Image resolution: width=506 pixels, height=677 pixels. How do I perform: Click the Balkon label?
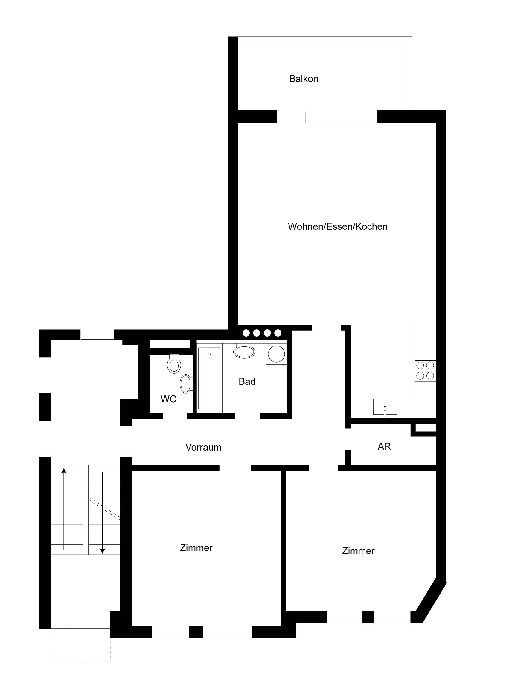click(x=304, y=79)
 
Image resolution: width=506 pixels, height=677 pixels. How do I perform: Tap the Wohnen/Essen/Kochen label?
click(x=338, y=226)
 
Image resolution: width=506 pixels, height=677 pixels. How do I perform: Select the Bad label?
click(x=247, y=381)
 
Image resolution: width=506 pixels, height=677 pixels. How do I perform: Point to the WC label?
click(x=168, y=399)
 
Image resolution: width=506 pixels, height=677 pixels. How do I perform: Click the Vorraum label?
click(x=203, y=447)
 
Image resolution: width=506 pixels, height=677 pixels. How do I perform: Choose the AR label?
click(x=384, y=446)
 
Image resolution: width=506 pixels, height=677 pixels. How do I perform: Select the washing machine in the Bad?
click(x=276, y=354)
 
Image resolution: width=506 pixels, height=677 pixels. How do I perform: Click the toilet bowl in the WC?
click(x=174, y=364)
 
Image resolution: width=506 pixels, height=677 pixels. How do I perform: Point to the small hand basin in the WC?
click(x=186, y=384)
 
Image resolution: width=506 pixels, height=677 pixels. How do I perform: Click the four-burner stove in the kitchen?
click(x=425, y=371)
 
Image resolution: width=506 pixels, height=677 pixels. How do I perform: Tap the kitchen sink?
click(x=385, y=407)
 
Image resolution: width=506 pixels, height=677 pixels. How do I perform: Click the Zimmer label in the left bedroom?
click(x=196, y=548)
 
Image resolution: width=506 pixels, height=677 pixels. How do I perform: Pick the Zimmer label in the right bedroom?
click(x=358, y=551)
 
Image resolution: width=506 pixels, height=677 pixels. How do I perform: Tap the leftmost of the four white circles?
click(x=246, y=333)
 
